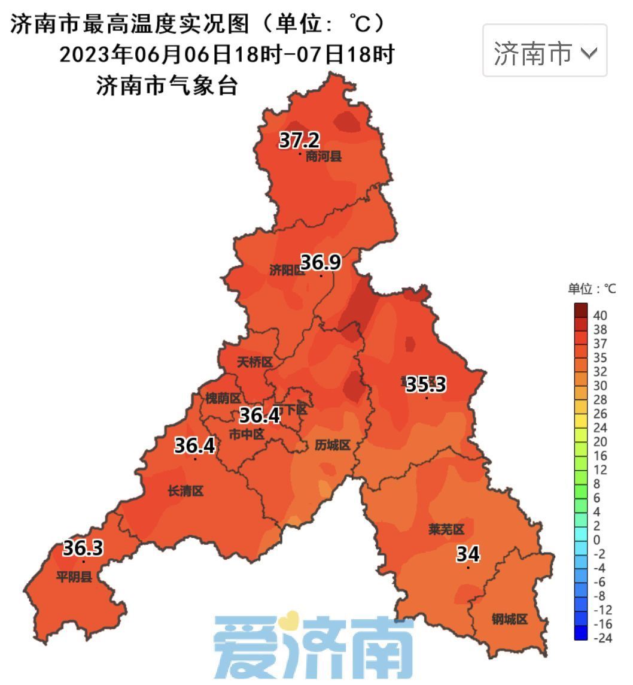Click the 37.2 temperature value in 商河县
coord(300,141)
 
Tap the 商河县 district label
coord(324,157)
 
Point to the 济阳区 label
coord(287,271)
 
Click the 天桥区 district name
coord(255,362)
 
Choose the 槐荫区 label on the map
coord(223,398)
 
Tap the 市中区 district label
coord(246,434)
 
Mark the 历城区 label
coord(332,445)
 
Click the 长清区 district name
coord(185,492)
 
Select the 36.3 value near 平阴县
coord(83,548)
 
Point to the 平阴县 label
coord(74,578)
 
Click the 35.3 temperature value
coord(426,384)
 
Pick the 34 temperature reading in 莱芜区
coord(468,554)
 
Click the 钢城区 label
coord(510,619)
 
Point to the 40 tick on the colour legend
coord(600,315)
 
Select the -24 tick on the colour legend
coord(602,638)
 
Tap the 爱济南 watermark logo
coord(314,647)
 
